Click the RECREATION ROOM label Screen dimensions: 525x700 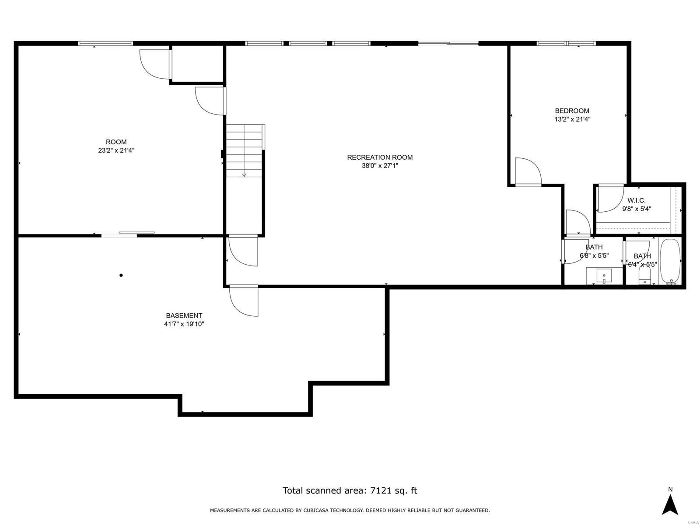tap(380, 157)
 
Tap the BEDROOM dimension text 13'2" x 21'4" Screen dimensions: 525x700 tap(572, 119)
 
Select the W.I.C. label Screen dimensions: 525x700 tap(637, 200)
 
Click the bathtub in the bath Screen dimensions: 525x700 tap(670, 262)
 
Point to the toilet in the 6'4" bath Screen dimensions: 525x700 tap(645, 276)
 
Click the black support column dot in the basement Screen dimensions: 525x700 tap(121, 275)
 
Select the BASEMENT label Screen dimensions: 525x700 tap(184, 315)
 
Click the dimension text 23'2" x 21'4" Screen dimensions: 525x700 tap(116, 150)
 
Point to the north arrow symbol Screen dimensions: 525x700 tap(670, 504)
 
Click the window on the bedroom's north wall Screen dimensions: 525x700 tap(566, 43)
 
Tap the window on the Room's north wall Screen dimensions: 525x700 tap(105, 43)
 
